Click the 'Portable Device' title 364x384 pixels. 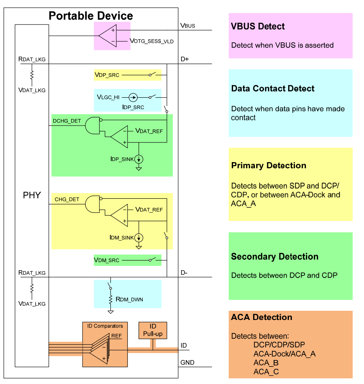click(x=91, y=16)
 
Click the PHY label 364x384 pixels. click(x=31, y=195)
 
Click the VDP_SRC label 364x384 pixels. click(x=107, y=75)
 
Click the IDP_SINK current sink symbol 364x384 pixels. click(x=139, y=159)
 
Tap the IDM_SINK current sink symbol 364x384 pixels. click(x=139, y=238)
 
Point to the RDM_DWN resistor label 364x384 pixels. click(x=129, y=299)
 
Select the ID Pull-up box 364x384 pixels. click(x=153, y=330)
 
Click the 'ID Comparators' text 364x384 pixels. click(x=105, y=326)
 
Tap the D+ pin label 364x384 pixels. click(x=185, y=59)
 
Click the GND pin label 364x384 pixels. click(x=187, y=363)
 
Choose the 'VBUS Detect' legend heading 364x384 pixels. click(x=258, y=27)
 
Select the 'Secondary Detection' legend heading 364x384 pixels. click(x=275, y=257)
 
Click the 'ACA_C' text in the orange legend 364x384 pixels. click(x=266, y=371)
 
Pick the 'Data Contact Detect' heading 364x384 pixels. click(x=273, y=88)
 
